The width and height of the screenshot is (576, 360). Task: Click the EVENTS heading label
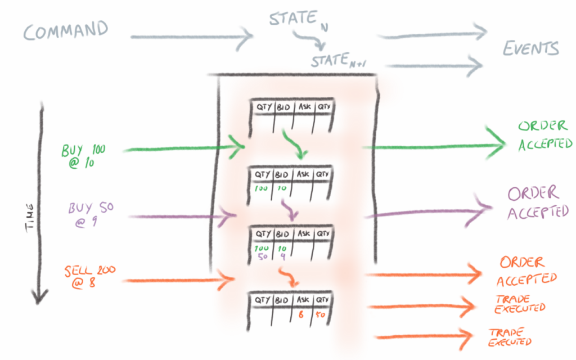coord(530,48)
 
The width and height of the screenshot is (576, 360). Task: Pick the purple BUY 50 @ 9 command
coord(84,214)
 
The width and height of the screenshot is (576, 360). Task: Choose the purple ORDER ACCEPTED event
coord(538,202)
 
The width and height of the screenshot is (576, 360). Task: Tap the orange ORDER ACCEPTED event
coord(526,270)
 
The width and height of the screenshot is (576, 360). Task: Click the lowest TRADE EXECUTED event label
coord(510,336)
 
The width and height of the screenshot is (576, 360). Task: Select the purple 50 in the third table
coord(262,257)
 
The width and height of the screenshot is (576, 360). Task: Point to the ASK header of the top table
coord(304,106)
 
